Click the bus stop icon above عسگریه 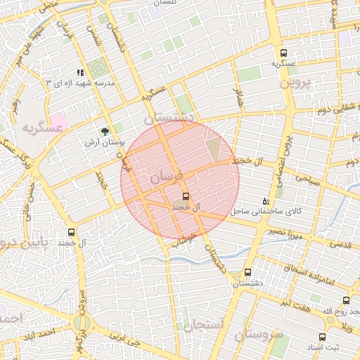[x=283, y=53]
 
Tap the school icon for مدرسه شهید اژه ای [x=80, y=72]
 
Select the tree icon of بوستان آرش [x=105, y=131]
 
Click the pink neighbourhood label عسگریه [x=43, y=127]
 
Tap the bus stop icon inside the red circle [x=186, y=196]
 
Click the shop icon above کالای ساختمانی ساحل [x=265, y=200]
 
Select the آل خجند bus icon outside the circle [x=71, y=232]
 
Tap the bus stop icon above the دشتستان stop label [x=247, y=272]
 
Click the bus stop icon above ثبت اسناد [x=322, y=337]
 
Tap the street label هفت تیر [x=293, y=302]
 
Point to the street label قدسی [x=340, y=245]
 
